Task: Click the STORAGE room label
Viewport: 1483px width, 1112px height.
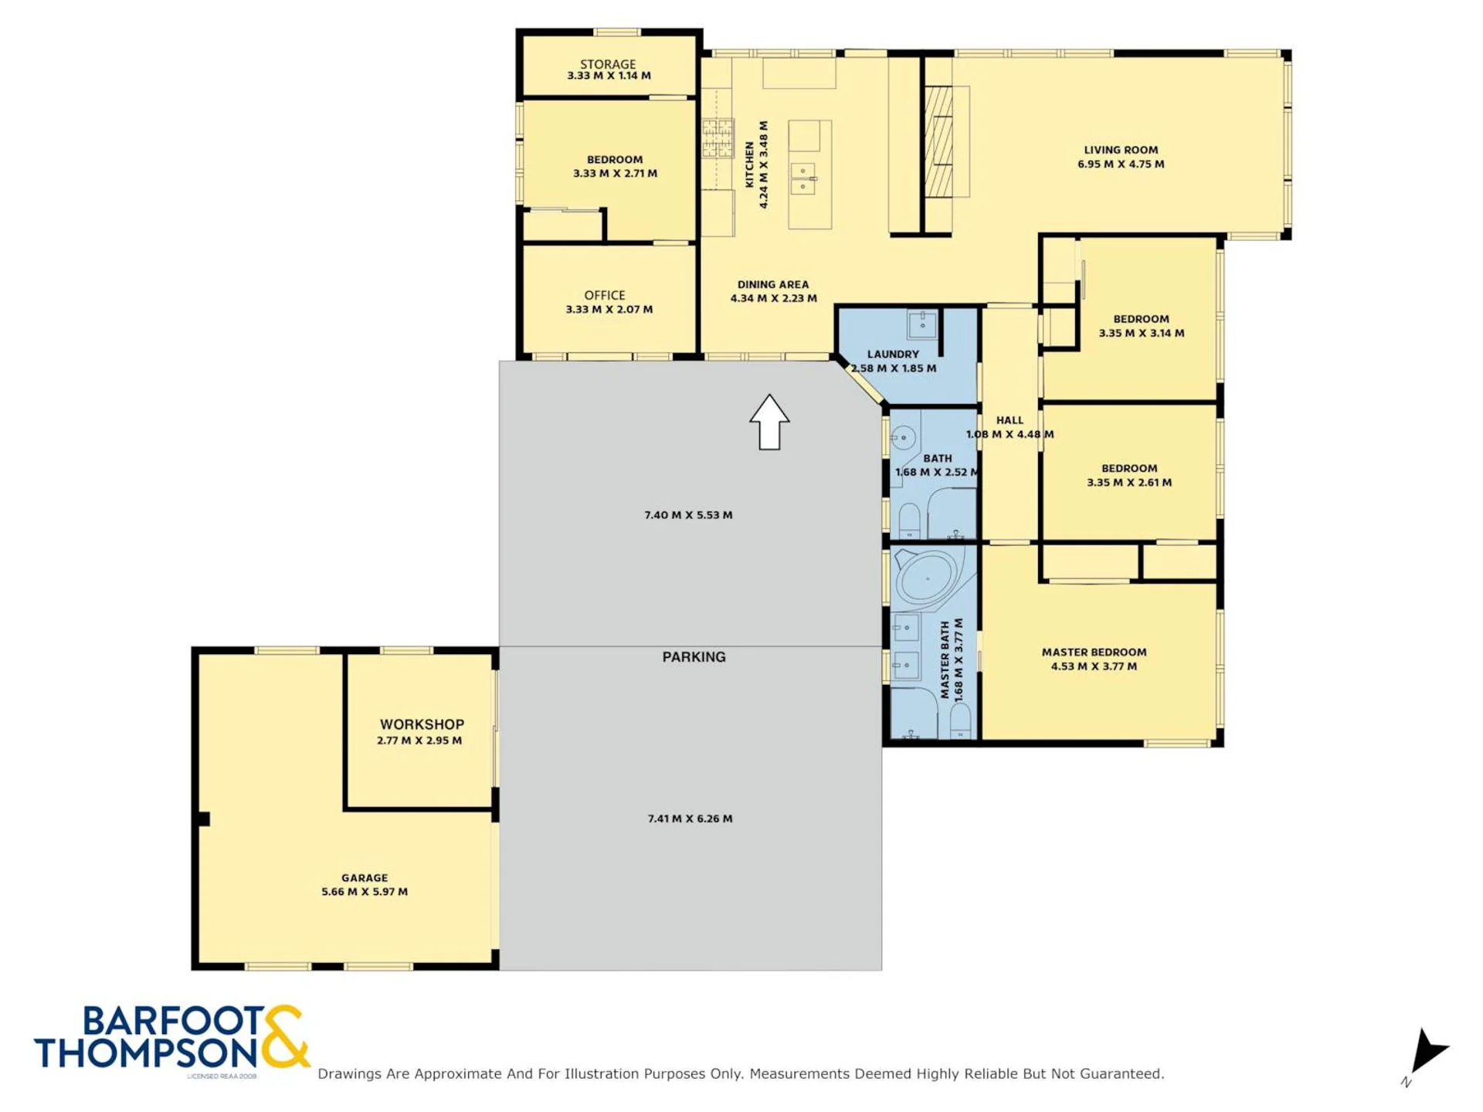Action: [608, 64]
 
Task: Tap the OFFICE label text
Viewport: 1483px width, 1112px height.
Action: [605, 295]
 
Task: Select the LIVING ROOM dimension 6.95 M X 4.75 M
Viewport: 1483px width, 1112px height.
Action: [1121, 164]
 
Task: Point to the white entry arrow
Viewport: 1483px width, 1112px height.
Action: [769, 422]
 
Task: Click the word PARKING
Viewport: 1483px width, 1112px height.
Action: [694, 657]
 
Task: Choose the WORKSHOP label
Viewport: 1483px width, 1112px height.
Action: [422, 724]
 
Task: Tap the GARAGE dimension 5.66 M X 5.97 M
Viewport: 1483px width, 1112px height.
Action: [365, 891]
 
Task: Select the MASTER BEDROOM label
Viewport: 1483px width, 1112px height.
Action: [1094, 652]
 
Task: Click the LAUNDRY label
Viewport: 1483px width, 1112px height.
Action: [893, 354]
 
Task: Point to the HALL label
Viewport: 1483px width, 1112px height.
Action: [1010, 420]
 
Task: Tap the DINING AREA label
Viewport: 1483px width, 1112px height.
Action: [773, 284]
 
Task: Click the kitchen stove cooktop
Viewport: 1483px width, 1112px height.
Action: [718, 138]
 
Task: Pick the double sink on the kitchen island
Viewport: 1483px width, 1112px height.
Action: [803, 178]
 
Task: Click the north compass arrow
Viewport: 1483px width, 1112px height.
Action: [1427, 1052]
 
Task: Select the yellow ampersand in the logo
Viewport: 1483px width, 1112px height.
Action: [286, 1036]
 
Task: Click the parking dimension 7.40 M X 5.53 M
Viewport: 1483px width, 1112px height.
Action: [688, 515]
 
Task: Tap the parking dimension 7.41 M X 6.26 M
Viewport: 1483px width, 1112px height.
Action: [690, 819]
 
